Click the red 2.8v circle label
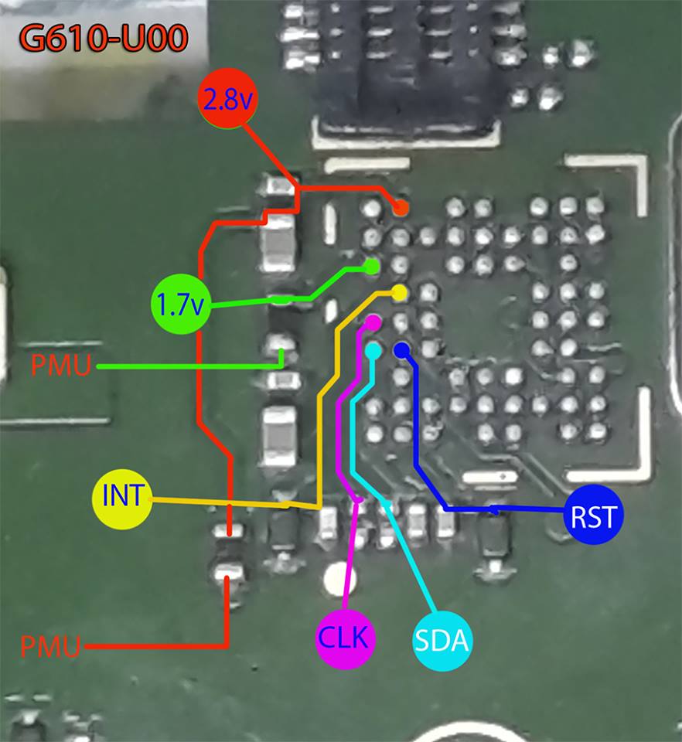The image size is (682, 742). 229,100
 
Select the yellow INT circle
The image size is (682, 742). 121,495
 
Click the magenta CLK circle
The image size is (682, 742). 346,638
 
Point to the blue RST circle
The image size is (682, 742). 593,516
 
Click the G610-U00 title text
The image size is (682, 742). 104,38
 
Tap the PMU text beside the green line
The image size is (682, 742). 61,366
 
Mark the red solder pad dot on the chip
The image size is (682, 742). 401,208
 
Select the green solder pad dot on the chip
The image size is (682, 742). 372,267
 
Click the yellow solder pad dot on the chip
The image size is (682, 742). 400,293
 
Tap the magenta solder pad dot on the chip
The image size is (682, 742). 373,321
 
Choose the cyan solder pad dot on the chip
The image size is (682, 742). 373,350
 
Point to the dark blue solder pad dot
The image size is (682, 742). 401,350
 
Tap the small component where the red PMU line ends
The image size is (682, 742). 228,573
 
